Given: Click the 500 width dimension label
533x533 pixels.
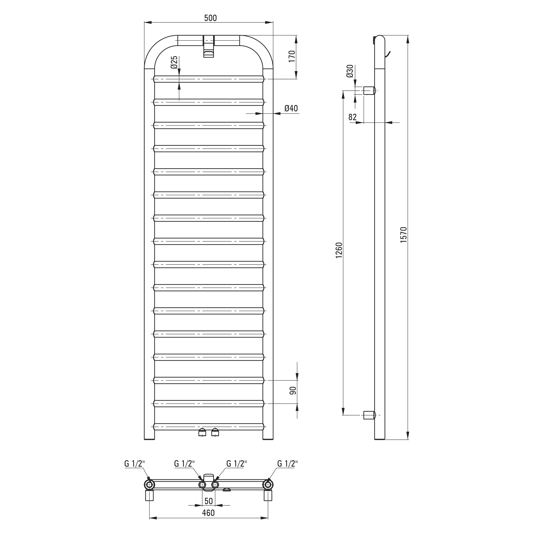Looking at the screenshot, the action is click(211, 18).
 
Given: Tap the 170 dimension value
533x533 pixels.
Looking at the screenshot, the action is click(292, 56).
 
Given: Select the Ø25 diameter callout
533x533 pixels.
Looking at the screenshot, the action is click(174, 63).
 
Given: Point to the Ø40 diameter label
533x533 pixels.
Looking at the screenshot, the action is click(291, 108).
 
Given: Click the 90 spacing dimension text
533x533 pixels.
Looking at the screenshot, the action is click(293, 390).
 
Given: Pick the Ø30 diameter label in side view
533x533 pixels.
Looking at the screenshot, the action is click(350, 71).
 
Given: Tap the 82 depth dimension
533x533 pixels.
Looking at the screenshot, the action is click(353, 117).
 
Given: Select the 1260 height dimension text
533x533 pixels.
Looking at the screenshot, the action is click(339, 250).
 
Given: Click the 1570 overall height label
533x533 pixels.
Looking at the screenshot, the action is click(403, 235).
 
